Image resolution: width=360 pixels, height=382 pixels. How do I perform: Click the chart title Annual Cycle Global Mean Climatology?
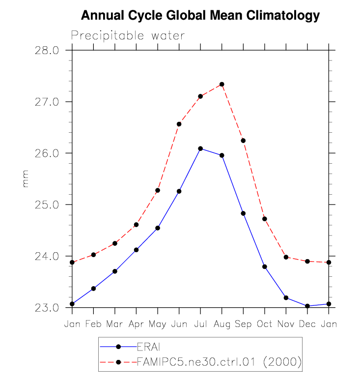[200, 16]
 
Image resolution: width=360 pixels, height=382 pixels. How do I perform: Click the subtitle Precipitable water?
[128, 36]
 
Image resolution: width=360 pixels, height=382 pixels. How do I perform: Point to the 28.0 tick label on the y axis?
[48, 50]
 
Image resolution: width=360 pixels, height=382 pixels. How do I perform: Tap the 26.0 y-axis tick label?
[48, 153]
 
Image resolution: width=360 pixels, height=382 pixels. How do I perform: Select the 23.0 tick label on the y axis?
[48, 308]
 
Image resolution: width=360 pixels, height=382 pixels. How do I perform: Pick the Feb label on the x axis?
[93, 325]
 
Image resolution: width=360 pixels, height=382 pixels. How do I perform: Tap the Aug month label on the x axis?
[222, 325]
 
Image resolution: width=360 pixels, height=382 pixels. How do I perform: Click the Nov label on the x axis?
[286, 325]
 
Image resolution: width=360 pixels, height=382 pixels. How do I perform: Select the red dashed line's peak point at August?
[222, 84]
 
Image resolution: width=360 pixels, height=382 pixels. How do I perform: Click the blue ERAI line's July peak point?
[200, 148]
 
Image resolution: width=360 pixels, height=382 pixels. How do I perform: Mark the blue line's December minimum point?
[307, 306]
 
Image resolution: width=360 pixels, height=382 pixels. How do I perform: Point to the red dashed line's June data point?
[179, 124]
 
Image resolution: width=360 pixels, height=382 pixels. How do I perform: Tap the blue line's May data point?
[158, 228]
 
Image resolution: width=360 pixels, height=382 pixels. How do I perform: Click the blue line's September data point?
[243, 213]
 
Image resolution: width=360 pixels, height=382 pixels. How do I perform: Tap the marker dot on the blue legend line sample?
[118, 347]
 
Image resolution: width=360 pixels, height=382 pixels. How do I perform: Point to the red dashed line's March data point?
[115, 243]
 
